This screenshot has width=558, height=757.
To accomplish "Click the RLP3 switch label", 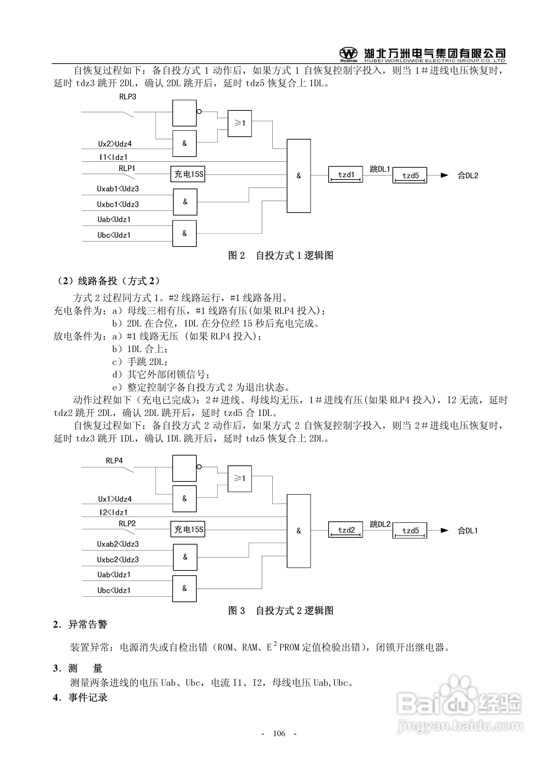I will pos(128,97).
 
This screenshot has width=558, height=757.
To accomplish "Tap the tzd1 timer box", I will pos(345,175).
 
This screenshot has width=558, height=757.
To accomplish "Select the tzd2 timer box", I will pos(345,530).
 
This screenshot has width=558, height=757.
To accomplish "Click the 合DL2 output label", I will pos(468,175).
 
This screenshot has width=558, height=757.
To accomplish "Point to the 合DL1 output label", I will pos(468,531).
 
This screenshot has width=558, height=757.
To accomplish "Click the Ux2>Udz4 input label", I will pos(115,144).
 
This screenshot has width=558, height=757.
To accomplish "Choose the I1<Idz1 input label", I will pos(113,157).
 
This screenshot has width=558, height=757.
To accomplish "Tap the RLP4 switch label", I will pos(114,461).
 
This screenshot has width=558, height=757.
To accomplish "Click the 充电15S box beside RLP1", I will pos(188,174).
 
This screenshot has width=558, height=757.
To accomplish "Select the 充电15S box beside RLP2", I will pos(188,529).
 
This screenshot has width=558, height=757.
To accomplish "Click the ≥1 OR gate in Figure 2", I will pos(239,123).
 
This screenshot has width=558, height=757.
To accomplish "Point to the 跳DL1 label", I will pos(380,169).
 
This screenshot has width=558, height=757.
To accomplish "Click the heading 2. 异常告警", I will pos(80,624).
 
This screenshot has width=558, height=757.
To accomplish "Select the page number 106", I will pos(279,733).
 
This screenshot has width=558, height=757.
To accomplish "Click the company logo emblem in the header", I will pos(348,54).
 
